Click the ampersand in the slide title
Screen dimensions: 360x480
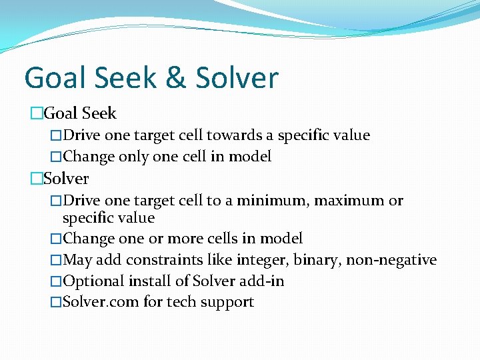(x=175, y=78)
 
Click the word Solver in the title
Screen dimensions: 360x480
(x=237, y=78)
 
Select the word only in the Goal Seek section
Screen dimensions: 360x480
(x=133, y=157)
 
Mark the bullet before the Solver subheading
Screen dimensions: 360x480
(x=36, y=179)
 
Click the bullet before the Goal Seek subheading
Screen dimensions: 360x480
(x=36, y=114)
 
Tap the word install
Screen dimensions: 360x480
(x=146, y=281)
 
